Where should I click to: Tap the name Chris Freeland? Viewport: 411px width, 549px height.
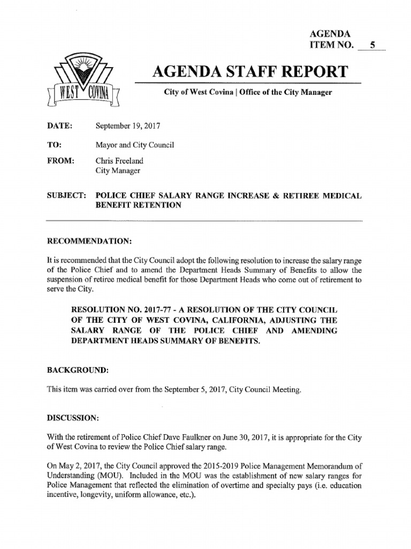coord(119,160)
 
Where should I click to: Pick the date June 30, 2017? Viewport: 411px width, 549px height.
coord(269,437)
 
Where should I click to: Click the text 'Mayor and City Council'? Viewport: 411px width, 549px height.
coord(134,145)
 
